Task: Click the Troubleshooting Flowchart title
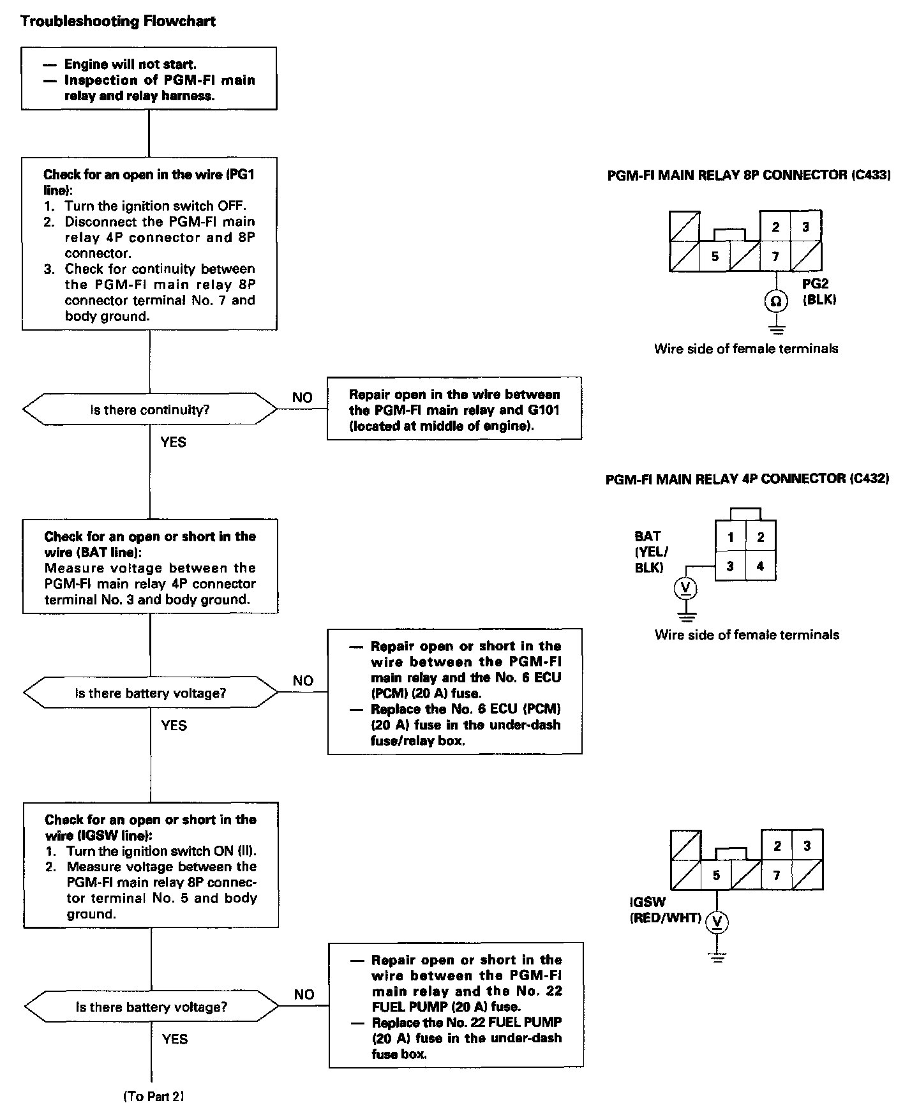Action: [118, 22]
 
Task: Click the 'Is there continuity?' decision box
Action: [150, 410]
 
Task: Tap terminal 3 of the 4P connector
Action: [729, 566]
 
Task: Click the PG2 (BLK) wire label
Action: [819, 292]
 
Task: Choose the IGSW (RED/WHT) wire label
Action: [665, 910]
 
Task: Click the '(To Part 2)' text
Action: [153, 1097]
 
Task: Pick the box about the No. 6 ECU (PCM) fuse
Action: [454, 693]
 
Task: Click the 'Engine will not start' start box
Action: [149, 79]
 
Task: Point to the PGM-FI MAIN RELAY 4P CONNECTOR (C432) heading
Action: [747, 479]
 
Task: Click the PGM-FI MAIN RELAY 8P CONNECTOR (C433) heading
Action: [749, 175]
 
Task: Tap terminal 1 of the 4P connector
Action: [729, 537]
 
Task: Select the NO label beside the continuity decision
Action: [303, 398]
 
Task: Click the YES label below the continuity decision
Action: [174, 442]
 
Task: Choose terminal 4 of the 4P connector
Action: [760, 566]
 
